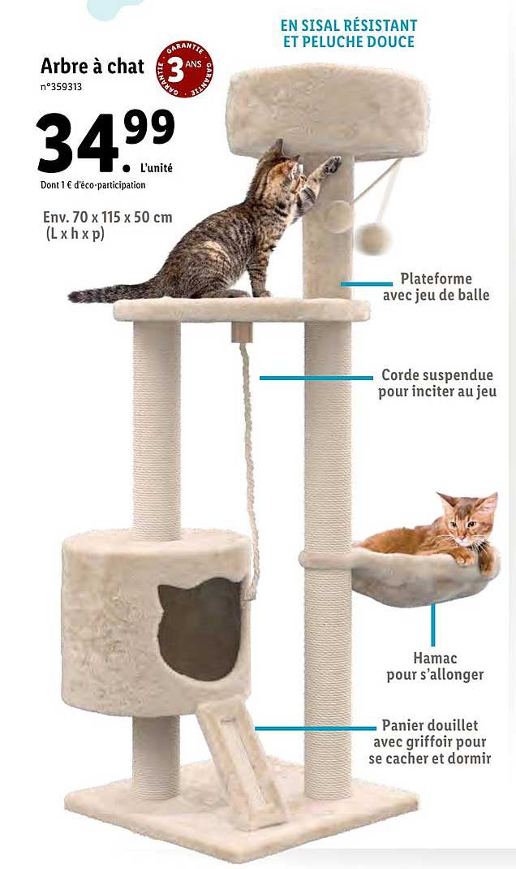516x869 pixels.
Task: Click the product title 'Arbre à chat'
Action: click(92, 66)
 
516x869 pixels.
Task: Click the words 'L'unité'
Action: click(157, 169)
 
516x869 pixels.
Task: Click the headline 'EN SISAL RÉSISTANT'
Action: click(348, 25)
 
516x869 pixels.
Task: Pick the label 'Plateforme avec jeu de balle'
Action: click(436, 287)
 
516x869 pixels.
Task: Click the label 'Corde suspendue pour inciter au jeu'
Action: click(437, 383)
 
